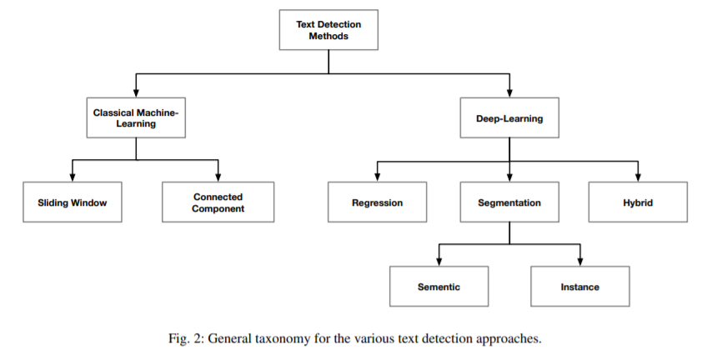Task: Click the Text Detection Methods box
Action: (328, 30)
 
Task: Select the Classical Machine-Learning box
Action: (136, 117)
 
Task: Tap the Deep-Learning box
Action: (509, 117)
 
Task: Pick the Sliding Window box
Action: (73, 202)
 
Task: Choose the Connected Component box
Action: (218, 202)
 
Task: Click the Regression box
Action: (378, 202)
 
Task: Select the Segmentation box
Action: (509, 202)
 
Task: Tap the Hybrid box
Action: (638, 202)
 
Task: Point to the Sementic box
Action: (439, 287)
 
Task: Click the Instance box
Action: (580, 287)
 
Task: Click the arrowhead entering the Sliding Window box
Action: (73, 177)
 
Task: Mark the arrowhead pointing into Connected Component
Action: (218, 177)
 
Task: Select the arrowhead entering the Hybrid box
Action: (638, 177)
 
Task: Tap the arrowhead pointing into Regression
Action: (378, 177)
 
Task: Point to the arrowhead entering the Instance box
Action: (580, 262)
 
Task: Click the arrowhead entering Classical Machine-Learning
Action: (136, 92)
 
